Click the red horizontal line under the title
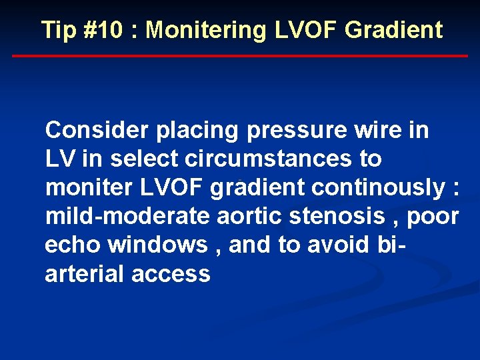(240, 56)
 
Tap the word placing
(198, 131)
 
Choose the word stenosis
(348, 217)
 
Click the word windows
(158, 245)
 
